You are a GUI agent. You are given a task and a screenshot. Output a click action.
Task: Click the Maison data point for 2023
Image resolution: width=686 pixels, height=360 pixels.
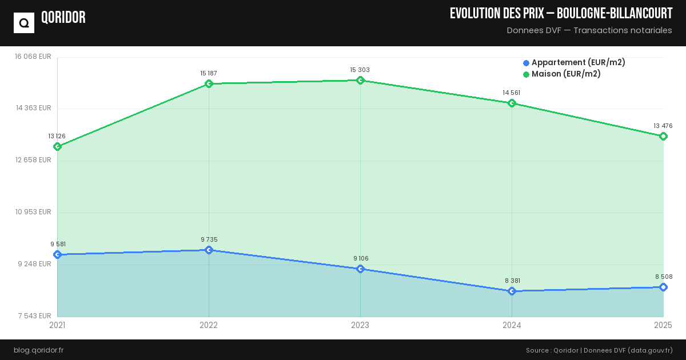(x=360, y=81)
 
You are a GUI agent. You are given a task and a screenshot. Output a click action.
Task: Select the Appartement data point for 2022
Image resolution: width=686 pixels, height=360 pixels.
(x=209, y=250)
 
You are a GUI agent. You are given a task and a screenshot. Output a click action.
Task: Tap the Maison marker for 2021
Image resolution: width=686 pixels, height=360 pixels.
(x=57, y=147)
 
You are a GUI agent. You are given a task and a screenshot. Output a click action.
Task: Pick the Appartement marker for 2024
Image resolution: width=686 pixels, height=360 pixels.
(x=512, y=291)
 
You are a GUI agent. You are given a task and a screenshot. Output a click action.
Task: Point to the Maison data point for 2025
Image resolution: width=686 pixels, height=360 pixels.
(x=663, y=136)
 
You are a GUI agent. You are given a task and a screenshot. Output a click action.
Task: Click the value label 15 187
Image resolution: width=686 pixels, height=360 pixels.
(x=209, y=73)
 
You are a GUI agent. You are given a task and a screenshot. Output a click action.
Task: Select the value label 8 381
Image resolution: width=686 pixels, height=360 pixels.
(x=512, y=281)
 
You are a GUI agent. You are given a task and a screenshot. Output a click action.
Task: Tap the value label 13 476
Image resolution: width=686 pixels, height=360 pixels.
(x=663, y=126)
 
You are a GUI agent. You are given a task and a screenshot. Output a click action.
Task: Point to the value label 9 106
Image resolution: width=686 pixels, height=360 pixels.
(x=361, y=258)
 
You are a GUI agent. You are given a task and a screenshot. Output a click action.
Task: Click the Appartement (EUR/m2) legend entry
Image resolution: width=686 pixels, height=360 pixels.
(x=574, y=63)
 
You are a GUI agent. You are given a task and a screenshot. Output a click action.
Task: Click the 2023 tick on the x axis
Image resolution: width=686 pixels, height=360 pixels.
(x=360, y=325)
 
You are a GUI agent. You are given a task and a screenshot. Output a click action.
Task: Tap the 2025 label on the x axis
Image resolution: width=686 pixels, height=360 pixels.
(x=663, y=325)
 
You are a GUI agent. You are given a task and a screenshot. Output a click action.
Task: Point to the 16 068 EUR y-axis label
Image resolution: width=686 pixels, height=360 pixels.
(x=33, y=56)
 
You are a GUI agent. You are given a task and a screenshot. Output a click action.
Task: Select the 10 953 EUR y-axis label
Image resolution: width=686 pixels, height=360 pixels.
(x=33, y=212)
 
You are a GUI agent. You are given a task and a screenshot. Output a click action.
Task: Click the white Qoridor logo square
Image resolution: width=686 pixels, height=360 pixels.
(x=24, y=23)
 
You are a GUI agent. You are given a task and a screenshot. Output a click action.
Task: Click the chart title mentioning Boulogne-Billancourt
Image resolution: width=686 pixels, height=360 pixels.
(x=561, y=14)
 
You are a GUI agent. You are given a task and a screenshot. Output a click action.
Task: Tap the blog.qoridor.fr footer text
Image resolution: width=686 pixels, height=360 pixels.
(x=38, y=350)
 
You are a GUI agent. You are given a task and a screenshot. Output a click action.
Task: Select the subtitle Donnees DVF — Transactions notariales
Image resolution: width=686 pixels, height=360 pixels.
(x=589, y=30)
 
